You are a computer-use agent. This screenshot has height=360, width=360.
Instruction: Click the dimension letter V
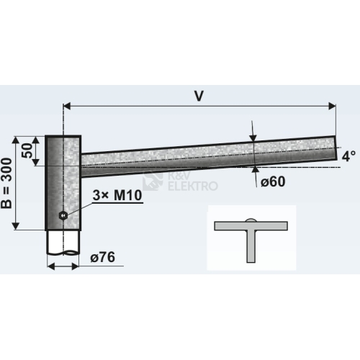(x=199, y=96)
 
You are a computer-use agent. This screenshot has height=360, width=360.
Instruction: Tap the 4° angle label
(x=348, y=156)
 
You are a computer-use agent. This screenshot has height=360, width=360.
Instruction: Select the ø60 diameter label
(x=273, y=181)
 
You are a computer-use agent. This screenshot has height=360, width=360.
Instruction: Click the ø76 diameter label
(x=103, y=257)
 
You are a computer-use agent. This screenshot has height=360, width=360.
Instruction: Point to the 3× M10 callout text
(x=117, y=195)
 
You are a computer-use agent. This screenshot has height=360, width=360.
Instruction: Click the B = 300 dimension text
(x=6, y=183)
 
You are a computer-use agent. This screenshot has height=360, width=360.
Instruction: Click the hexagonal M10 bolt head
(x=63, y=215)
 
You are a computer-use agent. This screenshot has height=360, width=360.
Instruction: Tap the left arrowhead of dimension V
(x=67, y=106)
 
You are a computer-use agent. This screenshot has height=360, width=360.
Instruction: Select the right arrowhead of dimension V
(x=332, y=106)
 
